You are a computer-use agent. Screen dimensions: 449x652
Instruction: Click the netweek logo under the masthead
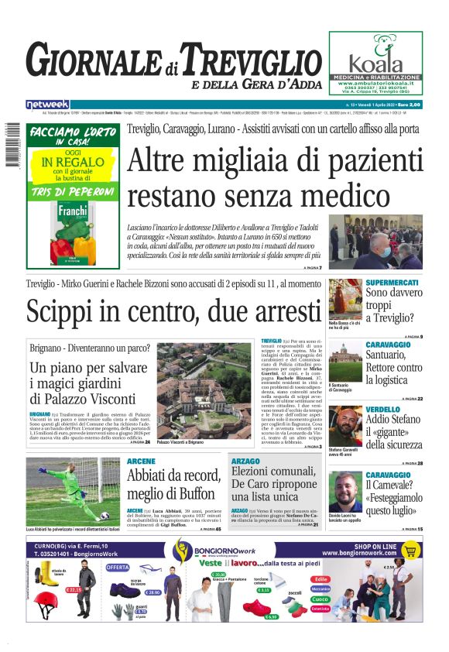(x=48, y=104)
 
